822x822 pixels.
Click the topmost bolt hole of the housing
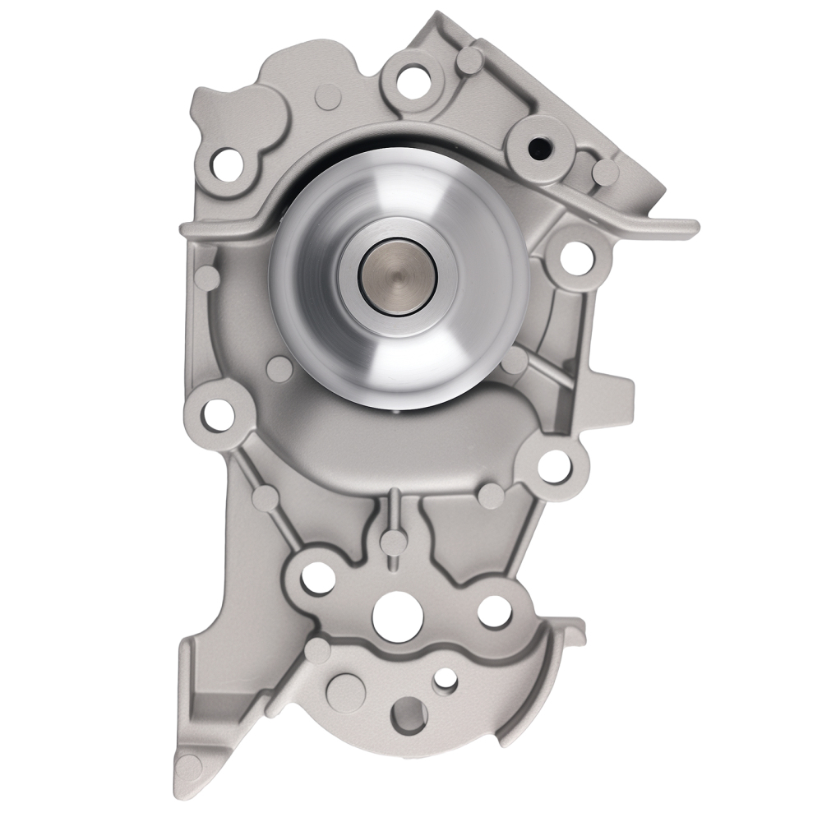pyautogui.click(x=408, y=80)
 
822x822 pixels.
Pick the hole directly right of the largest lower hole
pyautogui.click(x=493, y=610)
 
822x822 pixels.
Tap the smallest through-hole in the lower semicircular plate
pyautogui.click(x=446, y=678)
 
